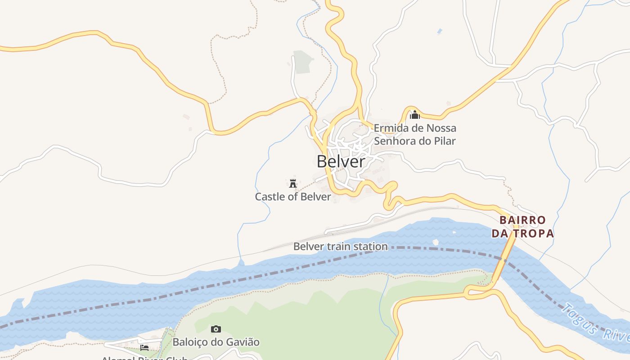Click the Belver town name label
[341, 162]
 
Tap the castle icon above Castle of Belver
[293, 183]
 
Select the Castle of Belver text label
[293, 197]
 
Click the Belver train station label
[340, 247]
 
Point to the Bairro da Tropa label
[522, 227]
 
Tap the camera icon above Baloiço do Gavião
[216, 329]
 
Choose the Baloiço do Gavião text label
[216, 342]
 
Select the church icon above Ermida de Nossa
[415, 115]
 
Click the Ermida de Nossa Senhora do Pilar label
[415, 135]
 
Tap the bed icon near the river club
[144, 347]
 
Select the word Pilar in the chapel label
[445, 141]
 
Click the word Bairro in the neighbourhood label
[522, 220]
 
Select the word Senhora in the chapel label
[393, 141]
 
